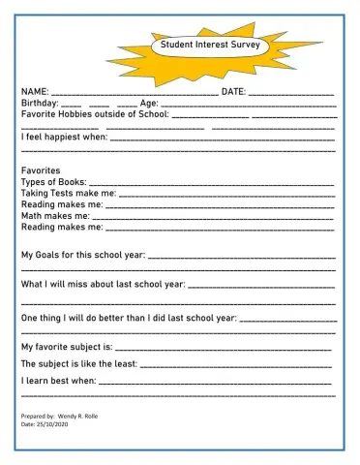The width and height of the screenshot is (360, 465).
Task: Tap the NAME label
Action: tap(35, 91)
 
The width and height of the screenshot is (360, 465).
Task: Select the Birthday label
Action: tap(40, 103)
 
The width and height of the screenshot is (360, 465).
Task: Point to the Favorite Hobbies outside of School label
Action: tap(95, 113)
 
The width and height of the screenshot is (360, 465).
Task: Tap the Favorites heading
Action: tap(41, 170)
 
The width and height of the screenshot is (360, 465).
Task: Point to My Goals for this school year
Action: tap(83, 255)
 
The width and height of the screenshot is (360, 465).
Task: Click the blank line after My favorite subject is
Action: tap(225, 348)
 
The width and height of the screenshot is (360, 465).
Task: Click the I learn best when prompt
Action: tap(58, 382)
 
